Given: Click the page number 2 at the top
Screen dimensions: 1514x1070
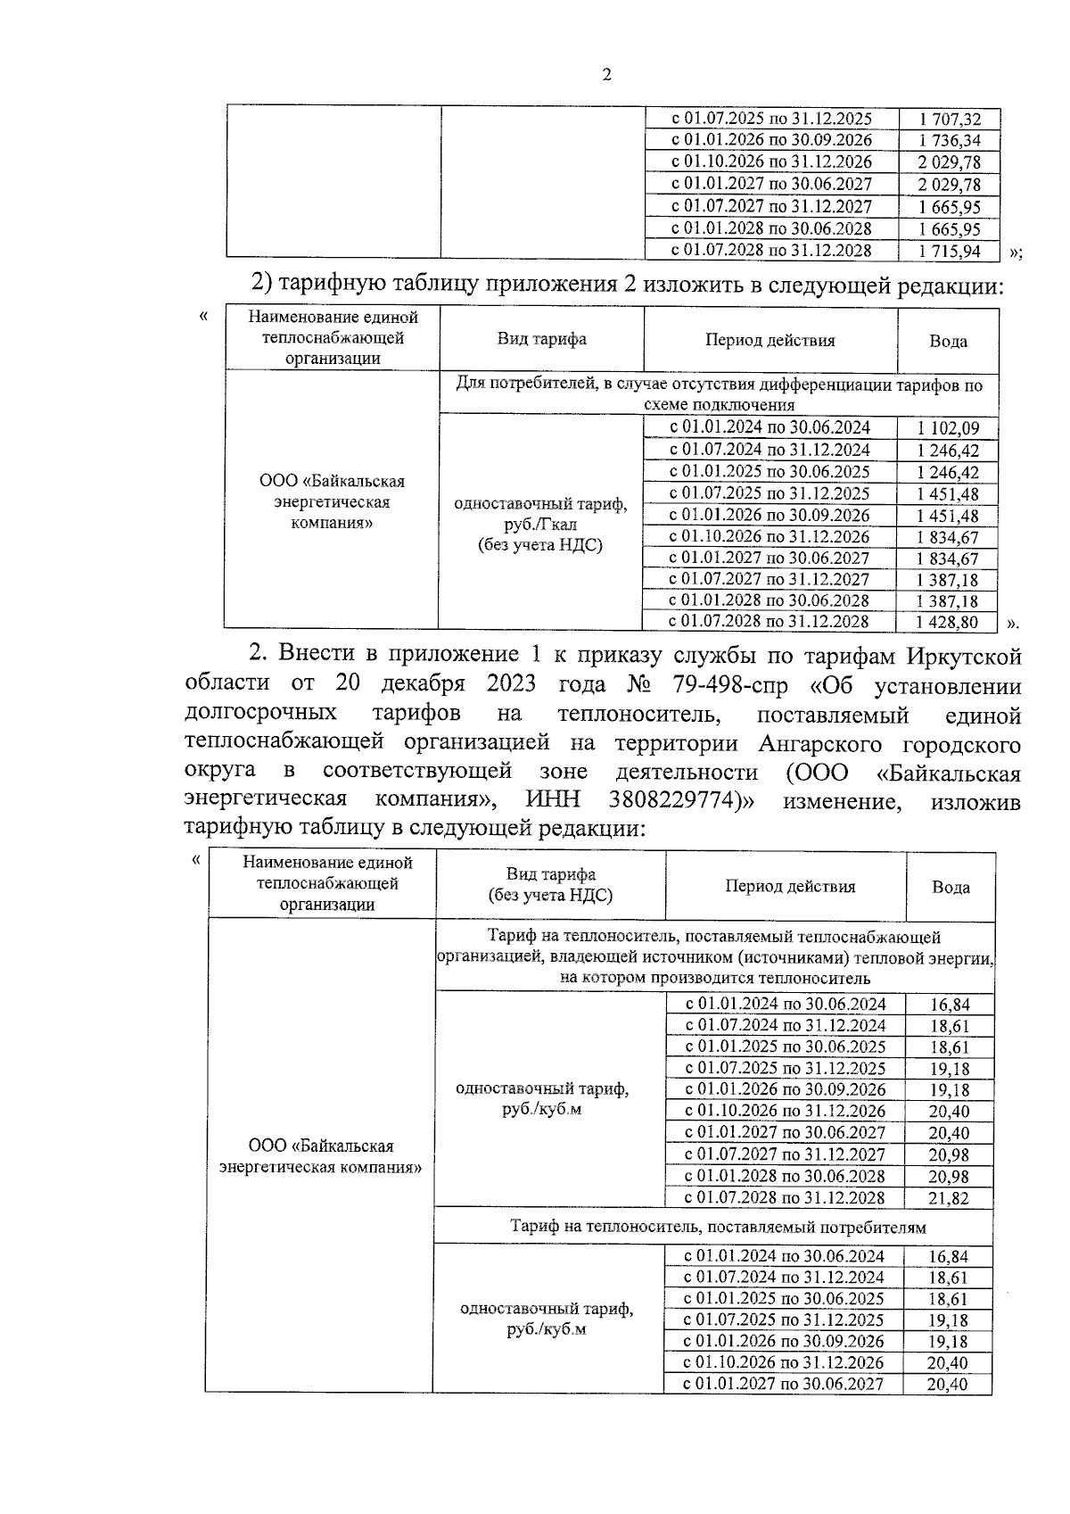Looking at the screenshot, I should [x=607, y=76].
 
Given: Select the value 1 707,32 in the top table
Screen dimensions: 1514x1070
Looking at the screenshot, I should [x=950, y=119].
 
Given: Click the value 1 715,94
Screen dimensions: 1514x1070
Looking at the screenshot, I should [x=950, y=252].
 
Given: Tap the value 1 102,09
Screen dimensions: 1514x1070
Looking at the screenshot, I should [x=948, y=428].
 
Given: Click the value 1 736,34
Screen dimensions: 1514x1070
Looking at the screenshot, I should [x=950, y=141].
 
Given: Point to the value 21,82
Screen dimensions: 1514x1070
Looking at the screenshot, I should [x=949, y=1198].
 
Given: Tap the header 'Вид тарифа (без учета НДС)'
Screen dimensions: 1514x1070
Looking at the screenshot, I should [x=550, y=885].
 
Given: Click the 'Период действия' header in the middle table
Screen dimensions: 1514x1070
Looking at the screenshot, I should [x=770, y=340].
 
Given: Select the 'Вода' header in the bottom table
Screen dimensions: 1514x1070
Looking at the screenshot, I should [x=951, y=887].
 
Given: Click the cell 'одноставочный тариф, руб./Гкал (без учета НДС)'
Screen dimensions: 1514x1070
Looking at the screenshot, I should [x=540, y=525].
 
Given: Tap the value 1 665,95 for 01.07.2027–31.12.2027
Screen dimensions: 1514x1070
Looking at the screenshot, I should [x=950, y=207].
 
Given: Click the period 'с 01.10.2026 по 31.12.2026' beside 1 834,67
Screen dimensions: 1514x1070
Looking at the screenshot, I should [x=770, y=537].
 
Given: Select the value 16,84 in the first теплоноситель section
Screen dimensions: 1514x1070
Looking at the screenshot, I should [x=949, y=1005].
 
